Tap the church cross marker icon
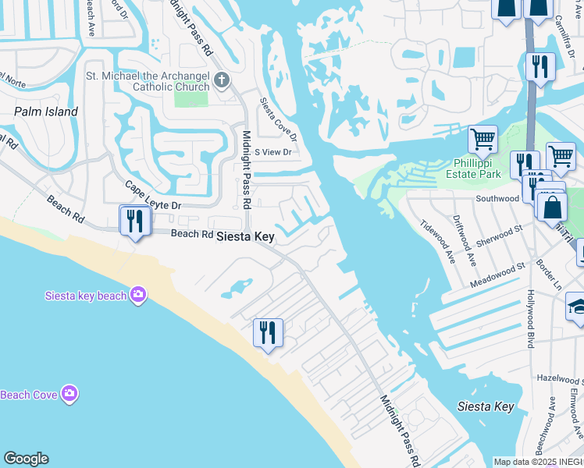(222, 80)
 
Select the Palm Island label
(46, 112)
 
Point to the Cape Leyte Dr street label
(154, 195)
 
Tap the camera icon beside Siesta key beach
(138, 294)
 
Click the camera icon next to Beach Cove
(69, 394)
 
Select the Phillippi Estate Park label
(477, 168)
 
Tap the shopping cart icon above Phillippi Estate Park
(483, 140)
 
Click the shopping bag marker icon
(552, 207)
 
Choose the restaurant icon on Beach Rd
(135, 220)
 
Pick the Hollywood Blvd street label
(530, 312)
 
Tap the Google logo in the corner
(26, 459)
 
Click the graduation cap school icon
(578, 306)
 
